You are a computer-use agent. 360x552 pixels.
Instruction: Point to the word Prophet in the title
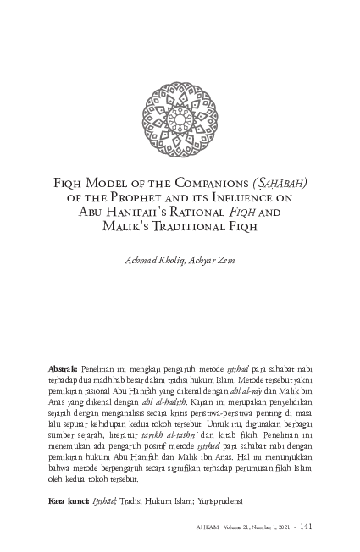(150, 196)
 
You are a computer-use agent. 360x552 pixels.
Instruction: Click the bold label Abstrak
(63, 370)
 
